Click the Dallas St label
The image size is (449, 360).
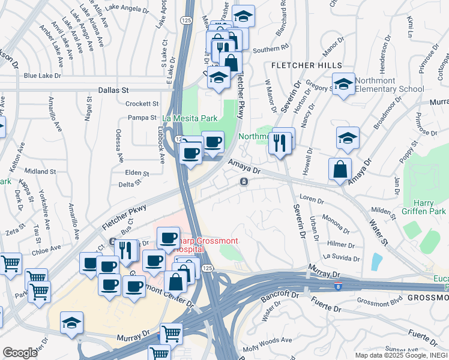113,89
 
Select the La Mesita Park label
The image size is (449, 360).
190,119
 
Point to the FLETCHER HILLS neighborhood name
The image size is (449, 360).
307,65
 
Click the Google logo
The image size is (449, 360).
20,353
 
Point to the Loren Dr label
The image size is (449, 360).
312,198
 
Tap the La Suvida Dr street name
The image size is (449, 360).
341,257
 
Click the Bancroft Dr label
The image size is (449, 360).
280,296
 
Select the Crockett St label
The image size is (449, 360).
142,103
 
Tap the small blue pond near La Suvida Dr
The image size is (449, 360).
376,262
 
